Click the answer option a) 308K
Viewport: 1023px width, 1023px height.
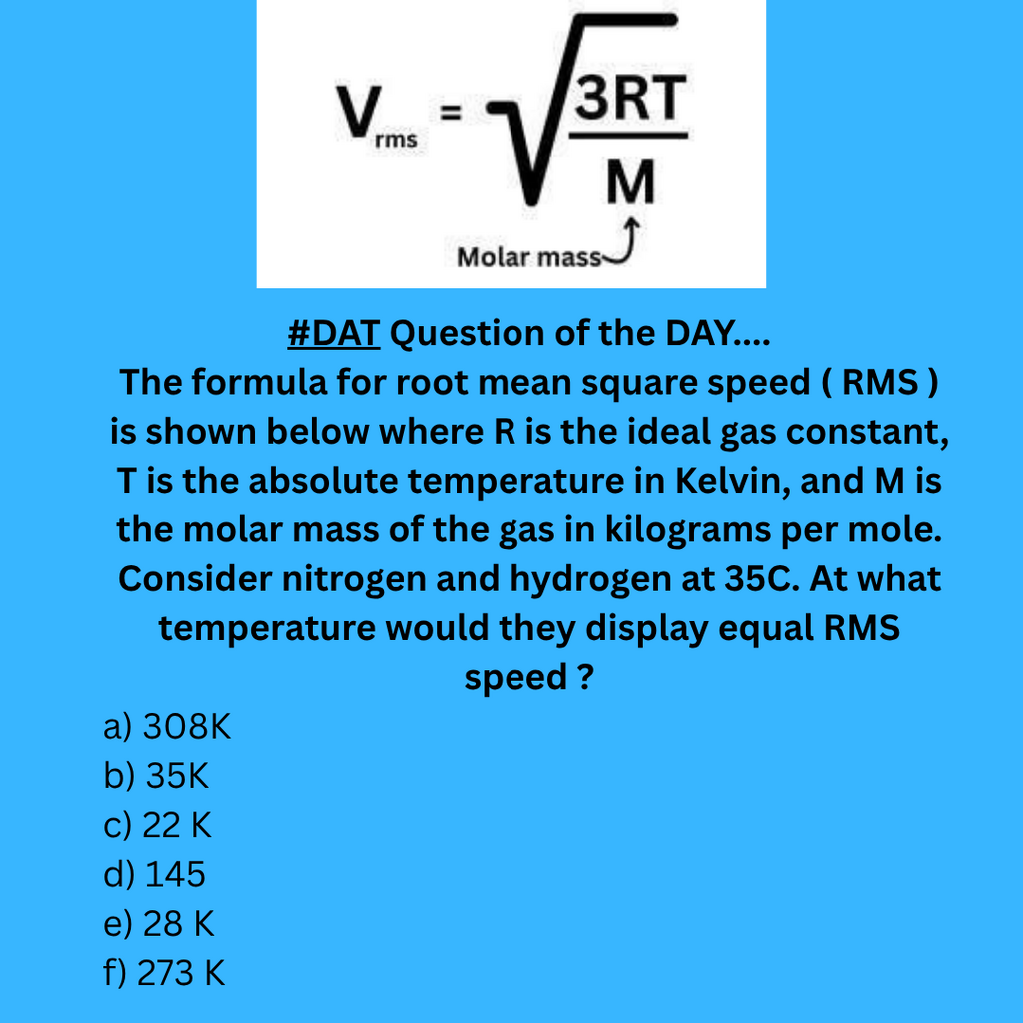click(x=167, y=727)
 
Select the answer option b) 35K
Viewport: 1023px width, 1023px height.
click(x=156, y=776)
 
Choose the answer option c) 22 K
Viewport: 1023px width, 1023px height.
click(x=157, y=825)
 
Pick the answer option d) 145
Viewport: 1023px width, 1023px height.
click(x=154, y=874)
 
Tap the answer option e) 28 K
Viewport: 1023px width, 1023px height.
click(x=159, y=924)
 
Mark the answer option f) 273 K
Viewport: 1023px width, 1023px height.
click(x=164, y=973)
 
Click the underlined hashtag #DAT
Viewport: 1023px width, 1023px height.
click(x=334, y=334)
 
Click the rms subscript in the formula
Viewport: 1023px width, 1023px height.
click(x=396, y=140)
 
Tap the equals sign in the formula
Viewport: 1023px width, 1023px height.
click(x=450, y=112)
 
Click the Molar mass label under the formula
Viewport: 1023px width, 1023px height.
click(x=529, y=257)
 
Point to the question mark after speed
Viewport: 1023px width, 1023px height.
click(x=585, y=677)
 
